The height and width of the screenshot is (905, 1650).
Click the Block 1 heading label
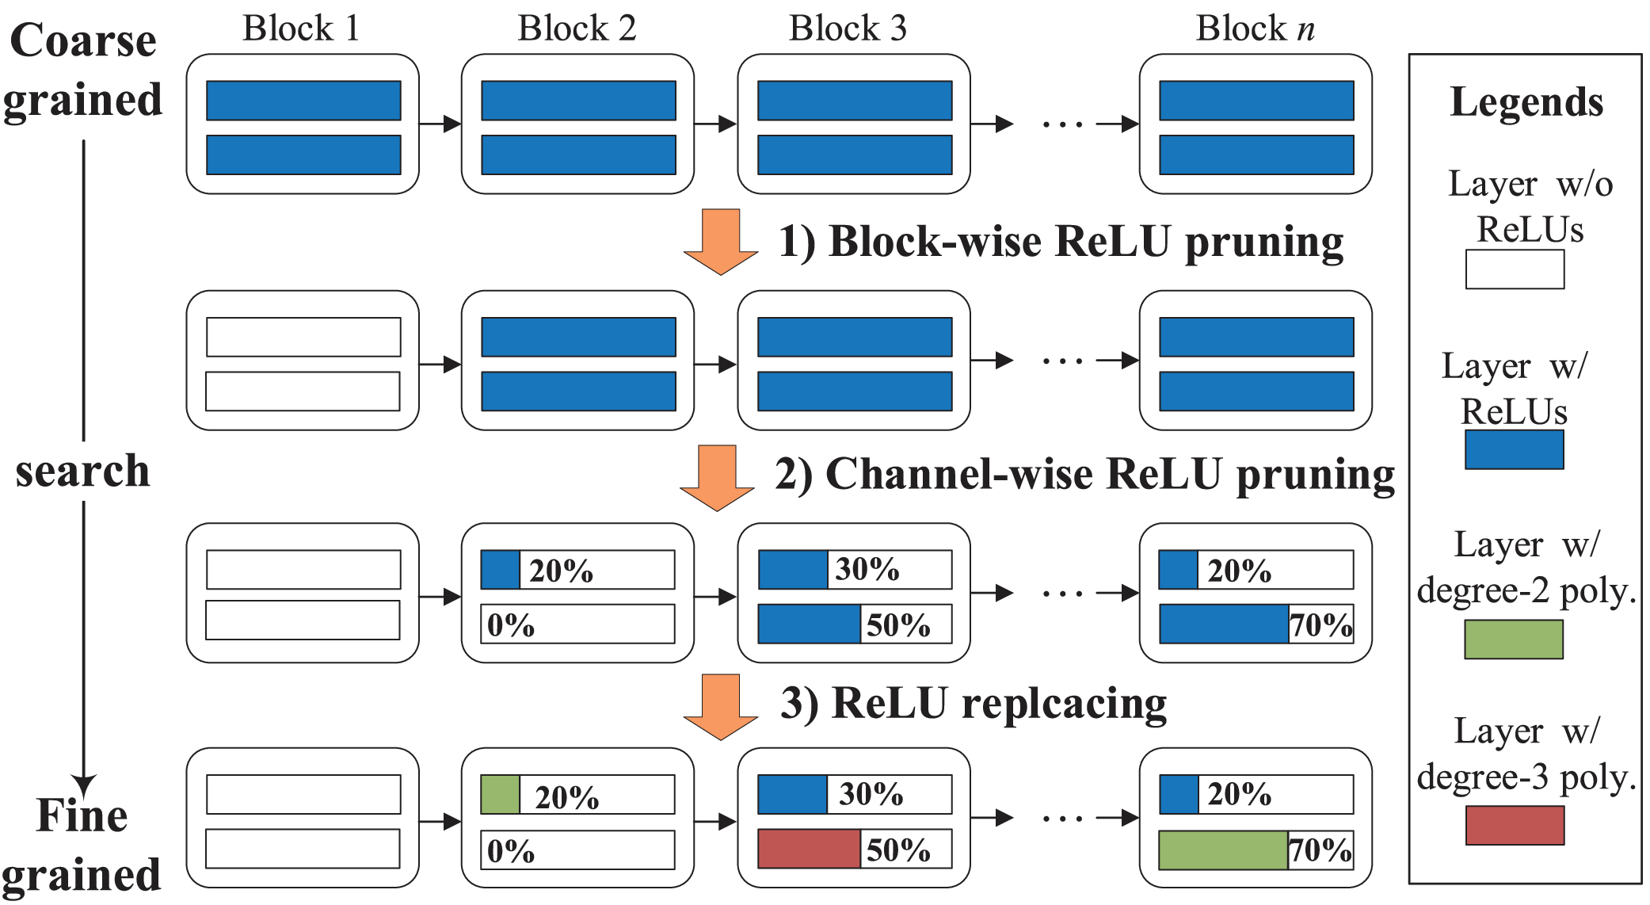coord(301,29)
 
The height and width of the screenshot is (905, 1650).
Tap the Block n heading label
coord(1255,29)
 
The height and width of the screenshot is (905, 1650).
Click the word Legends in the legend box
coord(1526,102)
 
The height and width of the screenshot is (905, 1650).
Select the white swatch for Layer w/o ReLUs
coord(1515,269)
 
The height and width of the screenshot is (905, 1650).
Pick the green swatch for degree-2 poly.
coord(1513,640)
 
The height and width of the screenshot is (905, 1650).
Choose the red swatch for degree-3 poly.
coord(1515,825)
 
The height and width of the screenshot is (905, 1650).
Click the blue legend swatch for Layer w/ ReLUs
coord(1514,449)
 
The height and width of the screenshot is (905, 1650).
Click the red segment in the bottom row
coord(809,849)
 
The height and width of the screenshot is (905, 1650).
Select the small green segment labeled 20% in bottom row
coord(500,795)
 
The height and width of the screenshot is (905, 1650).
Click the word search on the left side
coord(82,472)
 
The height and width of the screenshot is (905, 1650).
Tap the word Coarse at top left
coord(82,40)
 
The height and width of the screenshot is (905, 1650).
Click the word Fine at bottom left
coord(82,815)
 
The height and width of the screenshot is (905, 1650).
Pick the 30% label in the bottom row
coord(871,794)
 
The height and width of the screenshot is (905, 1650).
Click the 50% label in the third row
coord(897,625)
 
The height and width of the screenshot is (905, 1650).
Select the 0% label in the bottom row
coord(510,851)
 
